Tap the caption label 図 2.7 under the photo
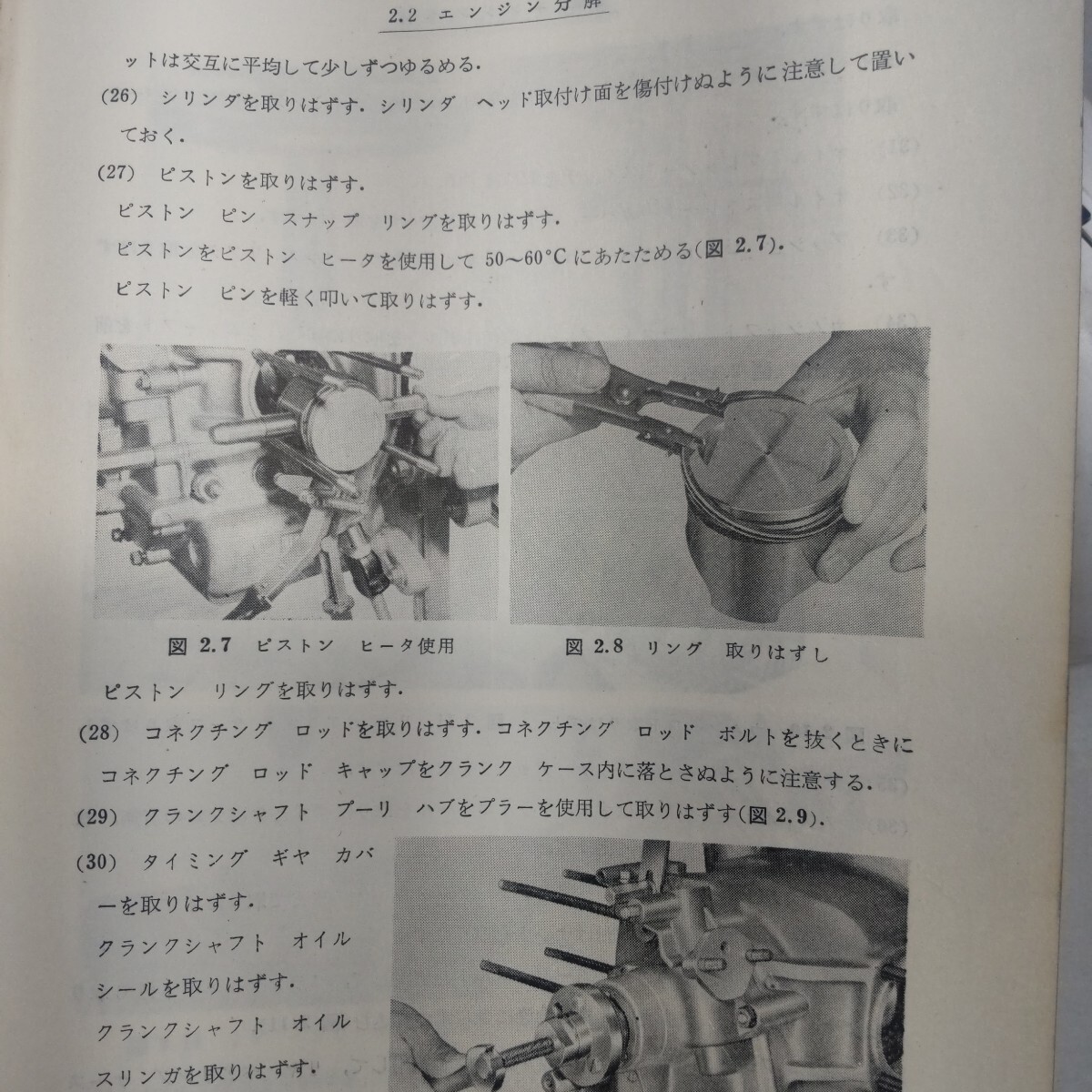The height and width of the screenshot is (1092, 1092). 201,647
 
